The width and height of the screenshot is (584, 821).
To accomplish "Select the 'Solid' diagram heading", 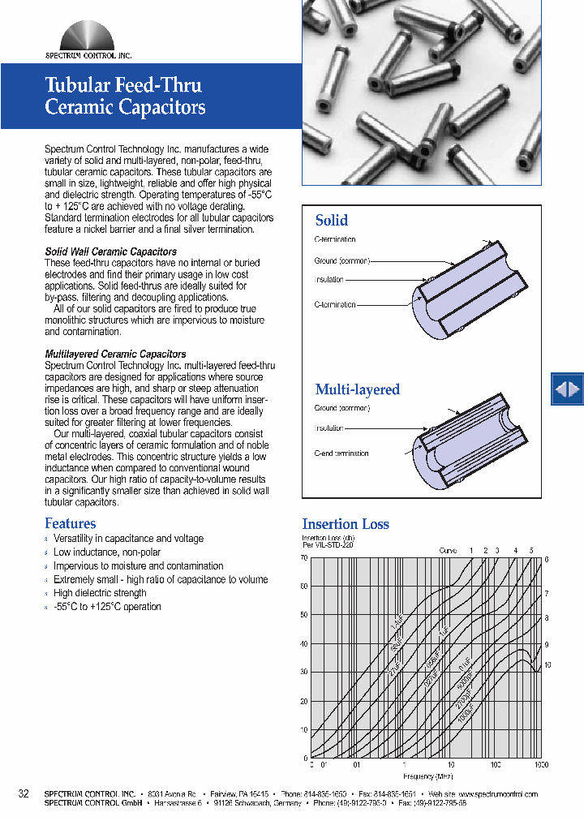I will [331, 221].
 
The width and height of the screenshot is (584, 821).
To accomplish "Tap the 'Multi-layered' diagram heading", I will [357, 389].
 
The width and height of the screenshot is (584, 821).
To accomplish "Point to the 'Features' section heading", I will [70, 524].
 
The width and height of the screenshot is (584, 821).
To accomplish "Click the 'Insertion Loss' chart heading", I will [346, 524].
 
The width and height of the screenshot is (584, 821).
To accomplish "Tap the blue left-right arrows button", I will [567, 389].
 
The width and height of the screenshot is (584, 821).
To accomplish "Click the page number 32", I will [24, 793].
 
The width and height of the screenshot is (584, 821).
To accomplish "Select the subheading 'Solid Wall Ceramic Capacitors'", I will [110, 252].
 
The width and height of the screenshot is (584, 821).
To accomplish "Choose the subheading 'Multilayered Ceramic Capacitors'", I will [115, 355].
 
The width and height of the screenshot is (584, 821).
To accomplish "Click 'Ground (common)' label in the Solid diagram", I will [341, 260].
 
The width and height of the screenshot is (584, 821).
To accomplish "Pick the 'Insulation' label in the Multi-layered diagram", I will [329, 428].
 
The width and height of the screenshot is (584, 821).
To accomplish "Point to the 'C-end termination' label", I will [341, 453].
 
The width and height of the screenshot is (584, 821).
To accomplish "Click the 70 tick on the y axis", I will [304, 558].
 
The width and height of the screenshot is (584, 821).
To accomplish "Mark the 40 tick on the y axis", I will [304, 644].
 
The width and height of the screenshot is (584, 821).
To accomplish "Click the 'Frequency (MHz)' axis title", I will [423, 776].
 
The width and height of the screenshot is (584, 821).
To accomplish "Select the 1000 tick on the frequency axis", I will [541, 765].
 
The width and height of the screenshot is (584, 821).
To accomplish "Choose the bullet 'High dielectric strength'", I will [100, 593].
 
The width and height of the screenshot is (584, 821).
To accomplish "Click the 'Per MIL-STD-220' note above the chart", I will [327, 545].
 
